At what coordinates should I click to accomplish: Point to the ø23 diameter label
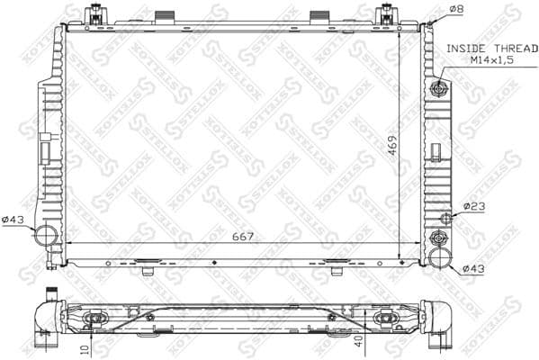[474, 207]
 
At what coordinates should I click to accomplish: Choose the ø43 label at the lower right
[473, 267]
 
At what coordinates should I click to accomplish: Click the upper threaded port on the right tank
[439, 88]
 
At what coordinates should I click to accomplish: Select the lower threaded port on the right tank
[439, 238]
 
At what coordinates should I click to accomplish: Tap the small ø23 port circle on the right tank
[445, 218]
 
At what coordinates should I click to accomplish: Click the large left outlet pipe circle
[45, 237]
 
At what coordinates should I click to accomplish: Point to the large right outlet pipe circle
[439, 258]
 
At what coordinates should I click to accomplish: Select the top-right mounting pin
[387, 15]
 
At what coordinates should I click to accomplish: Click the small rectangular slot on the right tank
[436, 149]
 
